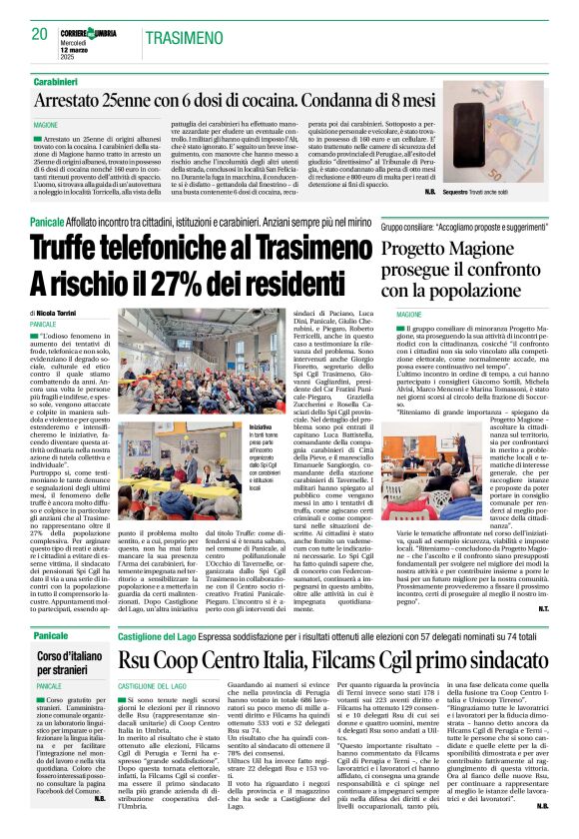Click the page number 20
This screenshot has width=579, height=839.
(x=40, y=34)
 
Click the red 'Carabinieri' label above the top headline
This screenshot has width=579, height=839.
(x=63, y=79)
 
